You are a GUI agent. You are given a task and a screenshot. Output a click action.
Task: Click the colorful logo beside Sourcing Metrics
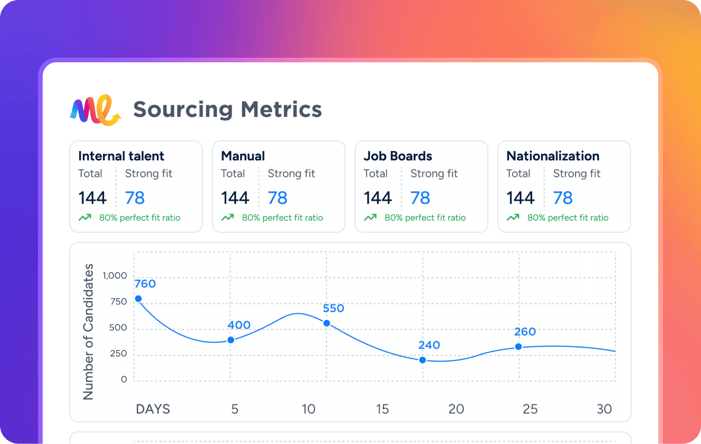pos(95,110)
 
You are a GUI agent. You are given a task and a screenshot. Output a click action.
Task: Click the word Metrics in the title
pos(281,110)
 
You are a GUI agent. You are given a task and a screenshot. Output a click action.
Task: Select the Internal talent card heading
pos(121,156)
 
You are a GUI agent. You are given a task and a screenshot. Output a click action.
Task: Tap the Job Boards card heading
pos(398,156)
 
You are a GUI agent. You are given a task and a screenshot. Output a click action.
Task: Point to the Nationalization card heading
pos(553,156)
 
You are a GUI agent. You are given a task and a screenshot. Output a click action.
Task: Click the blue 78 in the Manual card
pos(277,198)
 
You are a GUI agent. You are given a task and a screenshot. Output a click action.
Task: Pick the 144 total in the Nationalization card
pos(520,198)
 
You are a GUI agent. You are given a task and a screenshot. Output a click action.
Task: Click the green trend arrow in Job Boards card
pos(370,218)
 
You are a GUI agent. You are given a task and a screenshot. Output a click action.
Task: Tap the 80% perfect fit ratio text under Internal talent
pos(140,218)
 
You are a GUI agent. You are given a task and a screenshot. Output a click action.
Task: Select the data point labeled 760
pos(138,299)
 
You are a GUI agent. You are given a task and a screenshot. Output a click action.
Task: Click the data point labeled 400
pos(231,340)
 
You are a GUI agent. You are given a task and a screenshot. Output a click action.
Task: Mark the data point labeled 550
pos(327,323)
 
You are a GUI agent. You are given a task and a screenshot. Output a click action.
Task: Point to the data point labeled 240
pos(422,360)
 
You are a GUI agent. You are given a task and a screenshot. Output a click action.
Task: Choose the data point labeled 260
pos(518,347)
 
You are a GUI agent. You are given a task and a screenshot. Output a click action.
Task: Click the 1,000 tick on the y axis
pos(115,276)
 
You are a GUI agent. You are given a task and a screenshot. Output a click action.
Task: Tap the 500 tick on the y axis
pos(118,328)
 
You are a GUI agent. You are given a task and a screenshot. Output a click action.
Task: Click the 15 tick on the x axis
pos(382,409)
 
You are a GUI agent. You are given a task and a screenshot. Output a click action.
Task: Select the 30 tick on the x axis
pos(604,409)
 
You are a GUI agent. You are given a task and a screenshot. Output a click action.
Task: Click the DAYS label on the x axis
pos(153,409)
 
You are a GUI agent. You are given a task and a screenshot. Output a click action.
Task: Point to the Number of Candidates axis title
pos(88,332)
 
